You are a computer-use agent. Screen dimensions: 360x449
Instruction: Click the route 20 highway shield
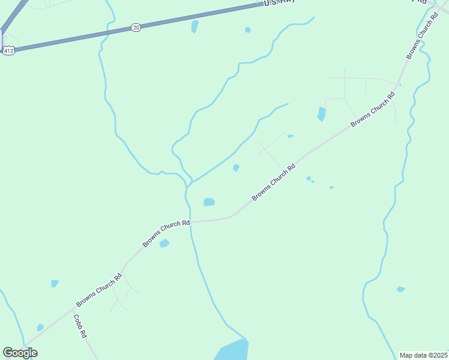click(x=136, y=28)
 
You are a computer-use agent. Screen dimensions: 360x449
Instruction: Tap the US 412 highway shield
click(x=8, y=52)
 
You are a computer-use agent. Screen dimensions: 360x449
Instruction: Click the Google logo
click(x=20, y=353)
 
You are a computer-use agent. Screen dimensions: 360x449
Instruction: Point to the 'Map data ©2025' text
click(x=423, y=355)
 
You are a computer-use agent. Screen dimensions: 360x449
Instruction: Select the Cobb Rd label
click(x=80, y=326)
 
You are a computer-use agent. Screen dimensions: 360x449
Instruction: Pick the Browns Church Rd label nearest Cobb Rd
click(x=99, y=290)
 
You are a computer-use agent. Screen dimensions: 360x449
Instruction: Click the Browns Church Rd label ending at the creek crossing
click(x=166, y=233)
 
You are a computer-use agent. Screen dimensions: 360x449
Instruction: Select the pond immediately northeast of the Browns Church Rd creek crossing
click(x=209, y=202)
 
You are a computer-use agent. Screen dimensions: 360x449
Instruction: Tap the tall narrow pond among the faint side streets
click(x=322, y=113)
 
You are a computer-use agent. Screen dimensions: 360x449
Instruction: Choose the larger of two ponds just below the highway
click(x=194, y=26)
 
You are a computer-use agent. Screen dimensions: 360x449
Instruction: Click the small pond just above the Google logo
click(x=40, y=328)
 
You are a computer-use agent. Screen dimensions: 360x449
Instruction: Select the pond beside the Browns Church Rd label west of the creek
click(x=164, y=243)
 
